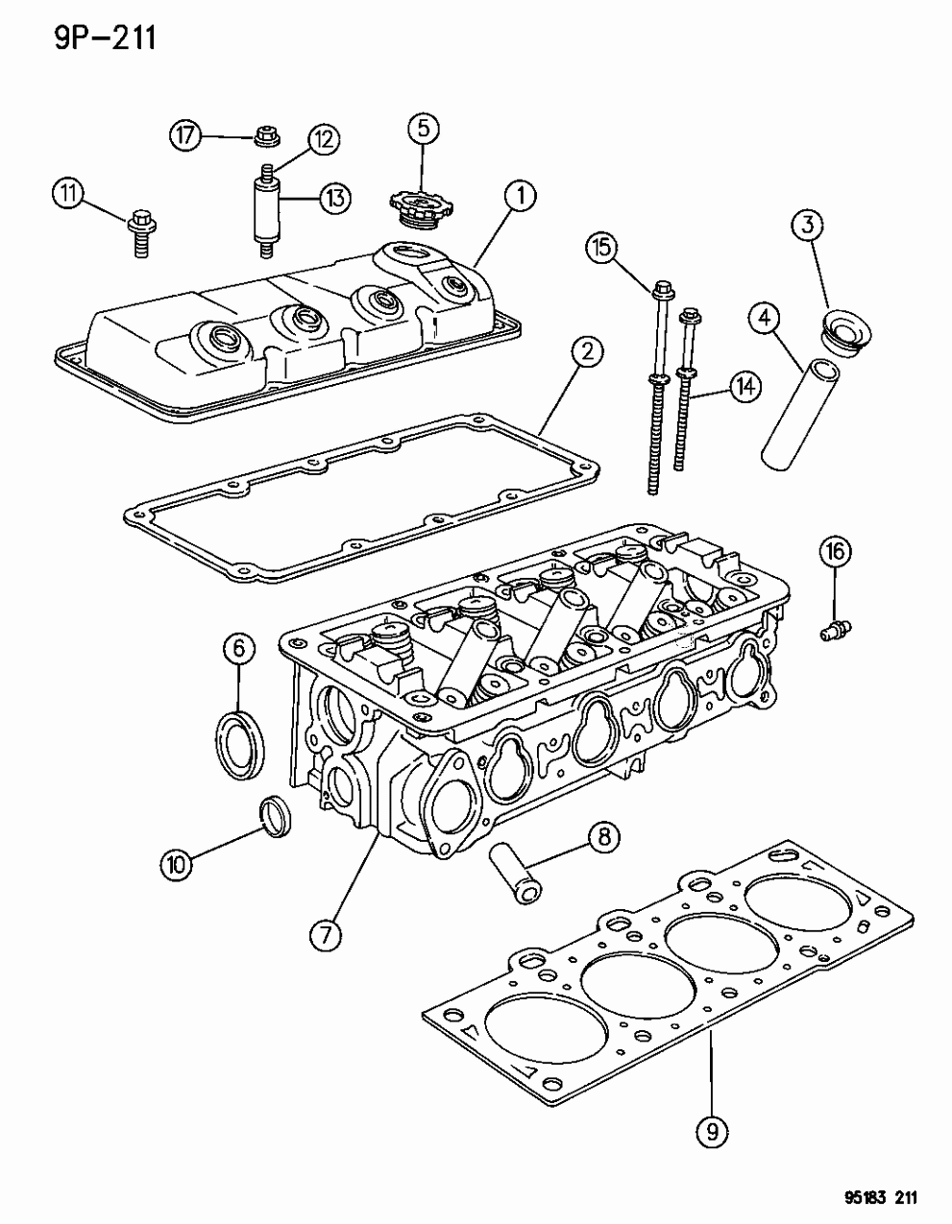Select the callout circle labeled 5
[x=424, y=128]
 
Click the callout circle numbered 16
[x=835, y=552]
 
